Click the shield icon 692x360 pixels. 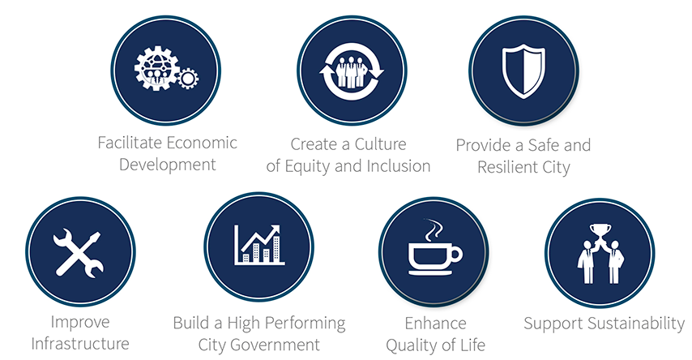coord(523,71)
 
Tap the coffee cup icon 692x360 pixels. coord(435,259)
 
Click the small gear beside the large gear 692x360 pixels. coord(187,79)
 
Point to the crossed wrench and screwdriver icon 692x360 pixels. coord(79,253)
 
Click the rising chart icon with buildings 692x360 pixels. coord(259,245)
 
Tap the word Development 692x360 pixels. coord(167,165)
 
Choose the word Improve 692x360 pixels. coord(80,322)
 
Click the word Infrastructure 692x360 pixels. coord(80,344)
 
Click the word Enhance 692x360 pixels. coord(435,324)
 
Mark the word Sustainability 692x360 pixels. coord(638,324)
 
